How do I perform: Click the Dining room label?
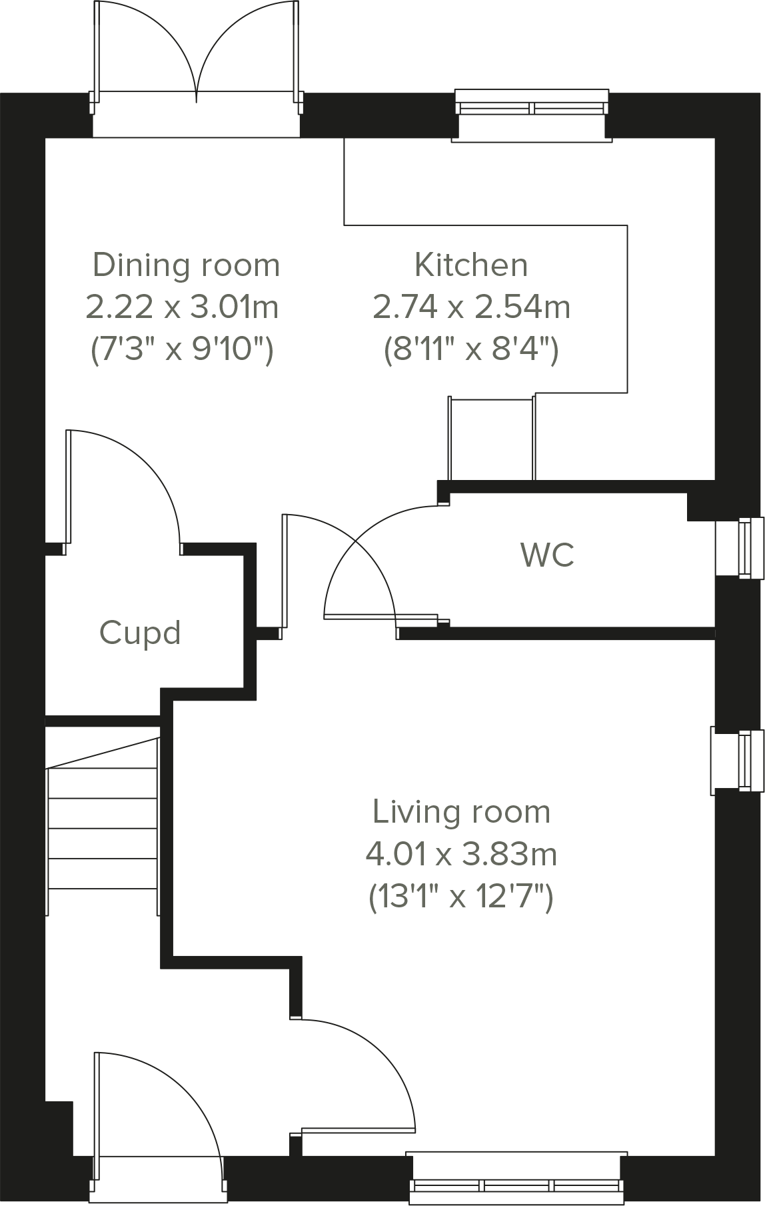(x=186, y=265)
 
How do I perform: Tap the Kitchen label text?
(x=471, y=265)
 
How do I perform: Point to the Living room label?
(x=462, y=811)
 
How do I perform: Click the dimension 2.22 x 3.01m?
(x=182, y=307)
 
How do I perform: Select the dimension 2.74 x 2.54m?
(x=471, y=307)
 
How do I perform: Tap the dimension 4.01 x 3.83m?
(x=462, y=854)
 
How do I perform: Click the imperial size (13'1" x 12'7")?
(x=462, y=897)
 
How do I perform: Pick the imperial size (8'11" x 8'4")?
(x=471, y=349)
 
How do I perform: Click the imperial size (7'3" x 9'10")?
(x=182, y=349)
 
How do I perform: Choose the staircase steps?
(x=103, y=827)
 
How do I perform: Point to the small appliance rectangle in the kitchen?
(x=492, y=437)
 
